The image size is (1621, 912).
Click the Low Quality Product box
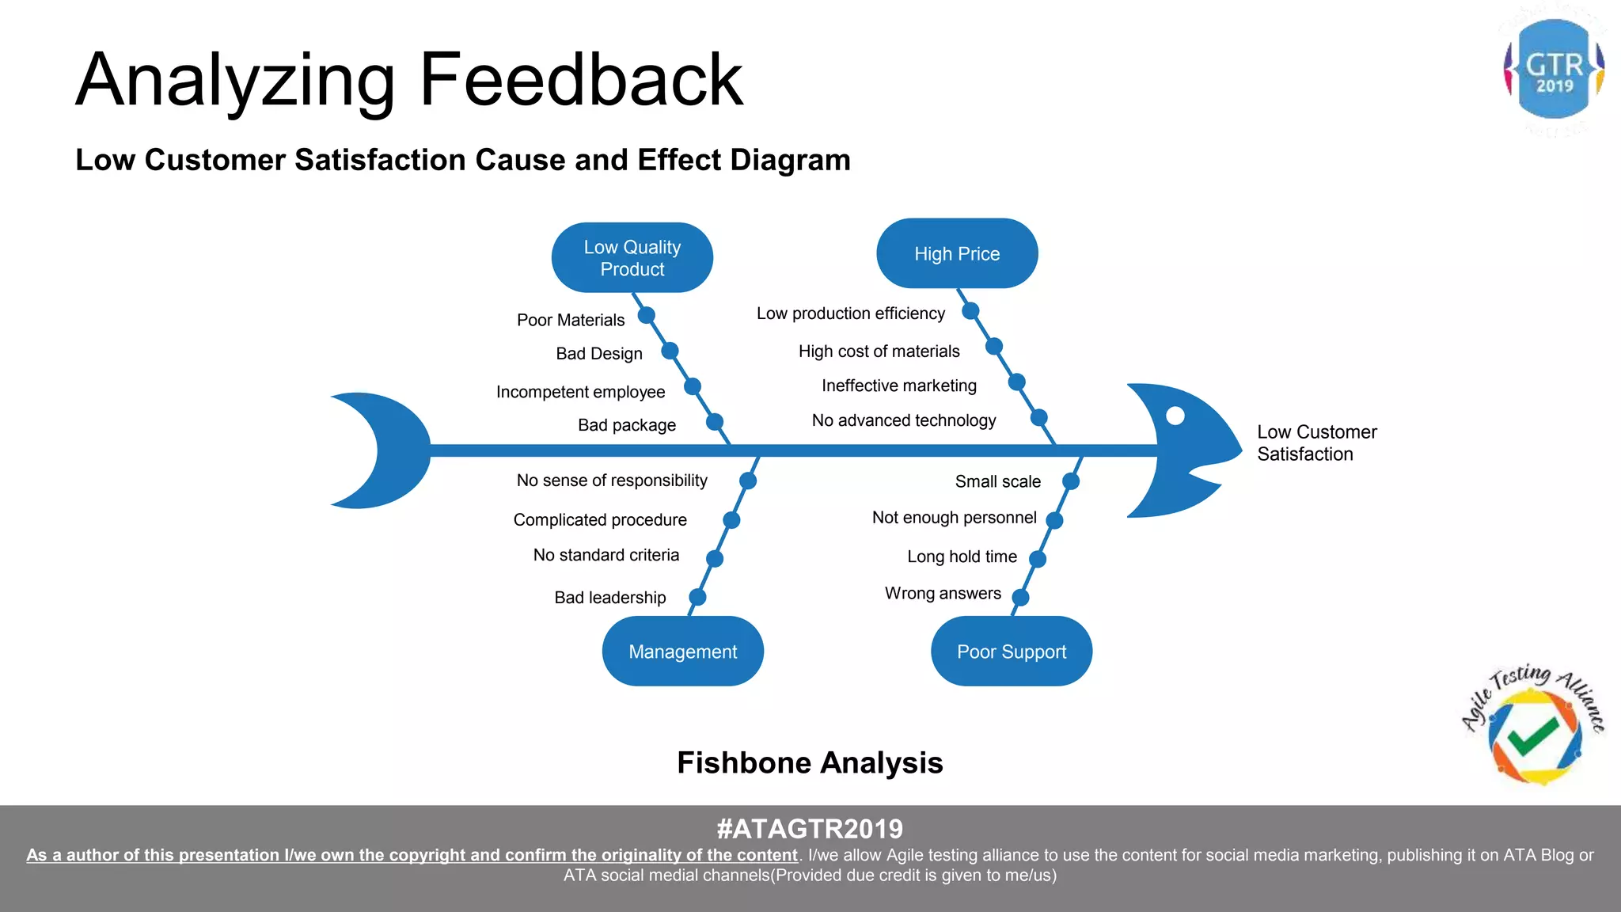(632, 258)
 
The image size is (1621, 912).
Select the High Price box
(957, 254)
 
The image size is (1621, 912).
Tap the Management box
(682, 652)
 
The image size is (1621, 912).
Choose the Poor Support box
(1012, 652)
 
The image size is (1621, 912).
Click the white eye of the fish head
(1175, 416)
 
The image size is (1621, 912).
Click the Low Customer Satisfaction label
(1316, 443)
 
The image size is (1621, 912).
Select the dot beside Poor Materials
(647, 315)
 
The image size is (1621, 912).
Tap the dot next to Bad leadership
(697, 597)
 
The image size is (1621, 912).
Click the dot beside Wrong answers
(1021, 597)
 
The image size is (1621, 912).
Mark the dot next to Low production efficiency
(970, 311)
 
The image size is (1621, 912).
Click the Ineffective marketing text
(899, 386)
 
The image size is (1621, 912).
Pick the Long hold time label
(962, 557)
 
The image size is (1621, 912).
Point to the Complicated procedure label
(600, 520)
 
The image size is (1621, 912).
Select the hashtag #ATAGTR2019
(810, 829)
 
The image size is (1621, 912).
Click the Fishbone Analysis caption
(810, 763)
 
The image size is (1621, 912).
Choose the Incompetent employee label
(580, 392)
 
